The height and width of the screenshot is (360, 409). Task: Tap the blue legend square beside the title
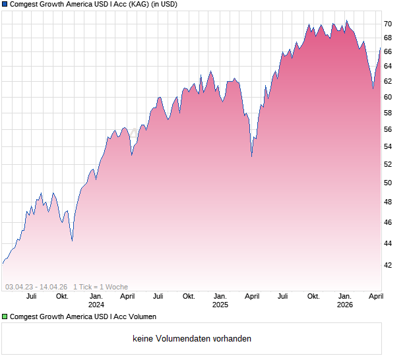[x=5, y=4]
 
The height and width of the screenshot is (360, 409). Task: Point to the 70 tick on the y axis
[x=388, y=24]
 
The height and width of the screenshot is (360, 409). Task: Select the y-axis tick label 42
[x=388, y=265]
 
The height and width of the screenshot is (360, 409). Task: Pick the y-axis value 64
[x=388, y=66]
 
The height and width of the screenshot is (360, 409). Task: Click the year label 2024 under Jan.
[x=96, y=305]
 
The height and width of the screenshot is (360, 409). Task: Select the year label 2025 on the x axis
[x=220, y=305]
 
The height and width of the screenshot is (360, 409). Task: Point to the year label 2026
[x=344, y=305]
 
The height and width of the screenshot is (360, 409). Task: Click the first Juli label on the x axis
[x=31, y=296]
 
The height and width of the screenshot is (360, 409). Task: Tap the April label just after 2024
[x=127, y=296]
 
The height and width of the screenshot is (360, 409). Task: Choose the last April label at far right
[x=375, y=296]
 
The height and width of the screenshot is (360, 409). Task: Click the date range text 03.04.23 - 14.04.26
[x=36, y=287]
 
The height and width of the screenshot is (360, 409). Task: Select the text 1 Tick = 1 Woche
[x=100, y=287]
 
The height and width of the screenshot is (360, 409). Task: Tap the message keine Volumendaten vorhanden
[x=192, y=339]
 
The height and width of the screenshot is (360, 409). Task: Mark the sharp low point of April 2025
[x=251, y=156]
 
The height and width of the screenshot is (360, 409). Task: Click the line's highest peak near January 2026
[x=346, y=20]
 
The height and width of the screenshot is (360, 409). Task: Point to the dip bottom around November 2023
[x=72, y=241]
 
